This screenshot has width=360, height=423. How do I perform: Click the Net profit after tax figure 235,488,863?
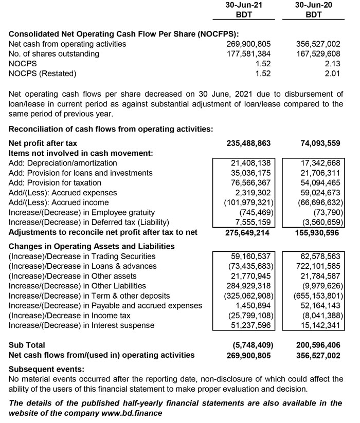coord(248,143)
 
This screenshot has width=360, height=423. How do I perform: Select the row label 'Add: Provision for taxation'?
coord(55,183)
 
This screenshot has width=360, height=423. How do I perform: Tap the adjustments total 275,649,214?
coord(248,232)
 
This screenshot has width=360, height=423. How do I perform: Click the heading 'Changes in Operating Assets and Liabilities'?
coord(92,246)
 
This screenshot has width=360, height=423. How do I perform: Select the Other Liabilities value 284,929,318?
coord(248,285)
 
